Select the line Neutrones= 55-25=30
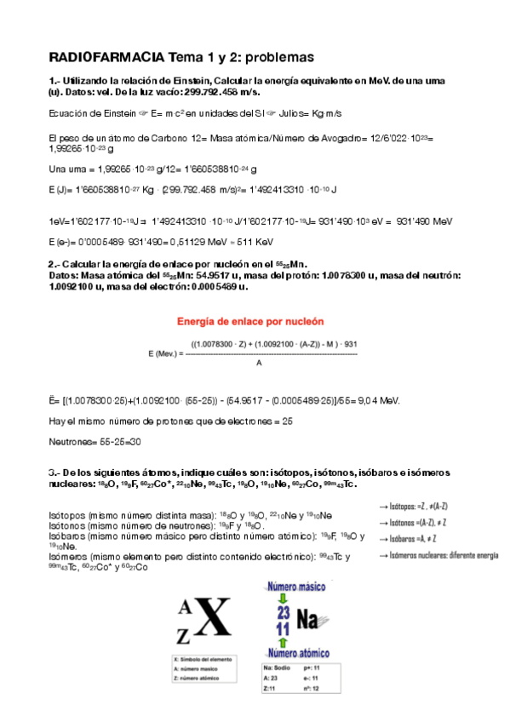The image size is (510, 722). click(95, 442)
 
